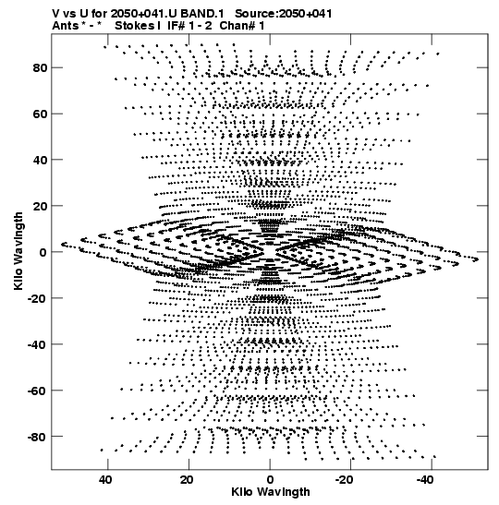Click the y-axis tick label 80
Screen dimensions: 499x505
pos(40,68)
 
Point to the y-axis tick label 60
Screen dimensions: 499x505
pos(40,114)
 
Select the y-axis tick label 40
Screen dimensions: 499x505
pos(40,160)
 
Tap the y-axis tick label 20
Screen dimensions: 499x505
pos(40,206)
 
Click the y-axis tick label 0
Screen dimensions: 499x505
pos(43,252)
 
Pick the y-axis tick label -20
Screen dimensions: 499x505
pos(37,298)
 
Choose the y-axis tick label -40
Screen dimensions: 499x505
pos(37,344)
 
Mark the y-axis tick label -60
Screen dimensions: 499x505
pos(37,391)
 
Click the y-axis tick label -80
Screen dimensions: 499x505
pos(37,437)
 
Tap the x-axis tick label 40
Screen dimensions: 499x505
pos(105,480)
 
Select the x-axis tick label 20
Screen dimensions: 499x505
pos(187,480)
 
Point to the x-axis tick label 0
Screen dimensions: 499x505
pos(270,480)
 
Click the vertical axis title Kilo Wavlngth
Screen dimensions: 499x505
pos(18,251)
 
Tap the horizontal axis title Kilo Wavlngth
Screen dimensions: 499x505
pos(271,492)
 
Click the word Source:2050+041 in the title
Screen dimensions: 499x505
pos(284,14)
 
